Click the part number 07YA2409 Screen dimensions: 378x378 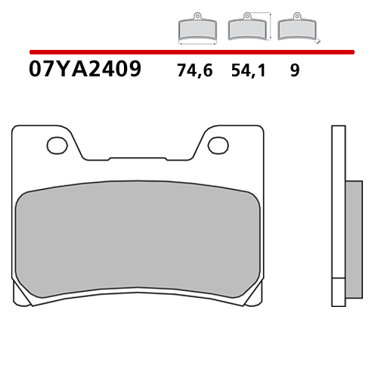click(x=85, y=70)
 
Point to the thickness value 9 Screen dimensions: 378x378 click(x=294, y=72)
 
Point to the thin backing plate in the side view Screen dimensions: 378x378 click(x=337, y=219)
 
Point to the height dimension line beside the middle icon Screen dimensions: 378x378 click(x=268, y=26)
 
